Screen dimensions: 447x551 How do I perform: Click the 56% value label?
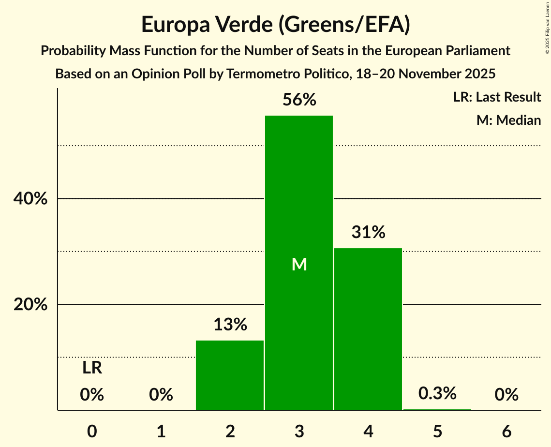point(299,100)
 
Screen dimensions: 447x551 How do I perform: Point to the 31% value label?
point(368,233)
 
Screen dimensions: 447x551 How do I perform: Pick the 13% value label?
point(230,325)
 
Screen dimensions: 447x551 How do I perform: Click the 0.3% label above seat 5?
point(437,394)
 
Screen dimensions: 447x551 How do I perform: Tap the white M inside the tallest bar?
point(299,265)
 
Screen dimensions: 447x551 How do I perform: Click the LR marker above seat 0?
point(92,368)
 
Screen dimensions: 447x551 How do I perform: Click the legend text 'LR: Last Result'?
point(497,97)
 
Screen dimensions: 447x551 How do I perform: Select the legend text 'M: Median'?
point(508,120)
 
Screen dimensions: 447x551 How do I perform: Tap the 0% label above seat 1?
point(161,395)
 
